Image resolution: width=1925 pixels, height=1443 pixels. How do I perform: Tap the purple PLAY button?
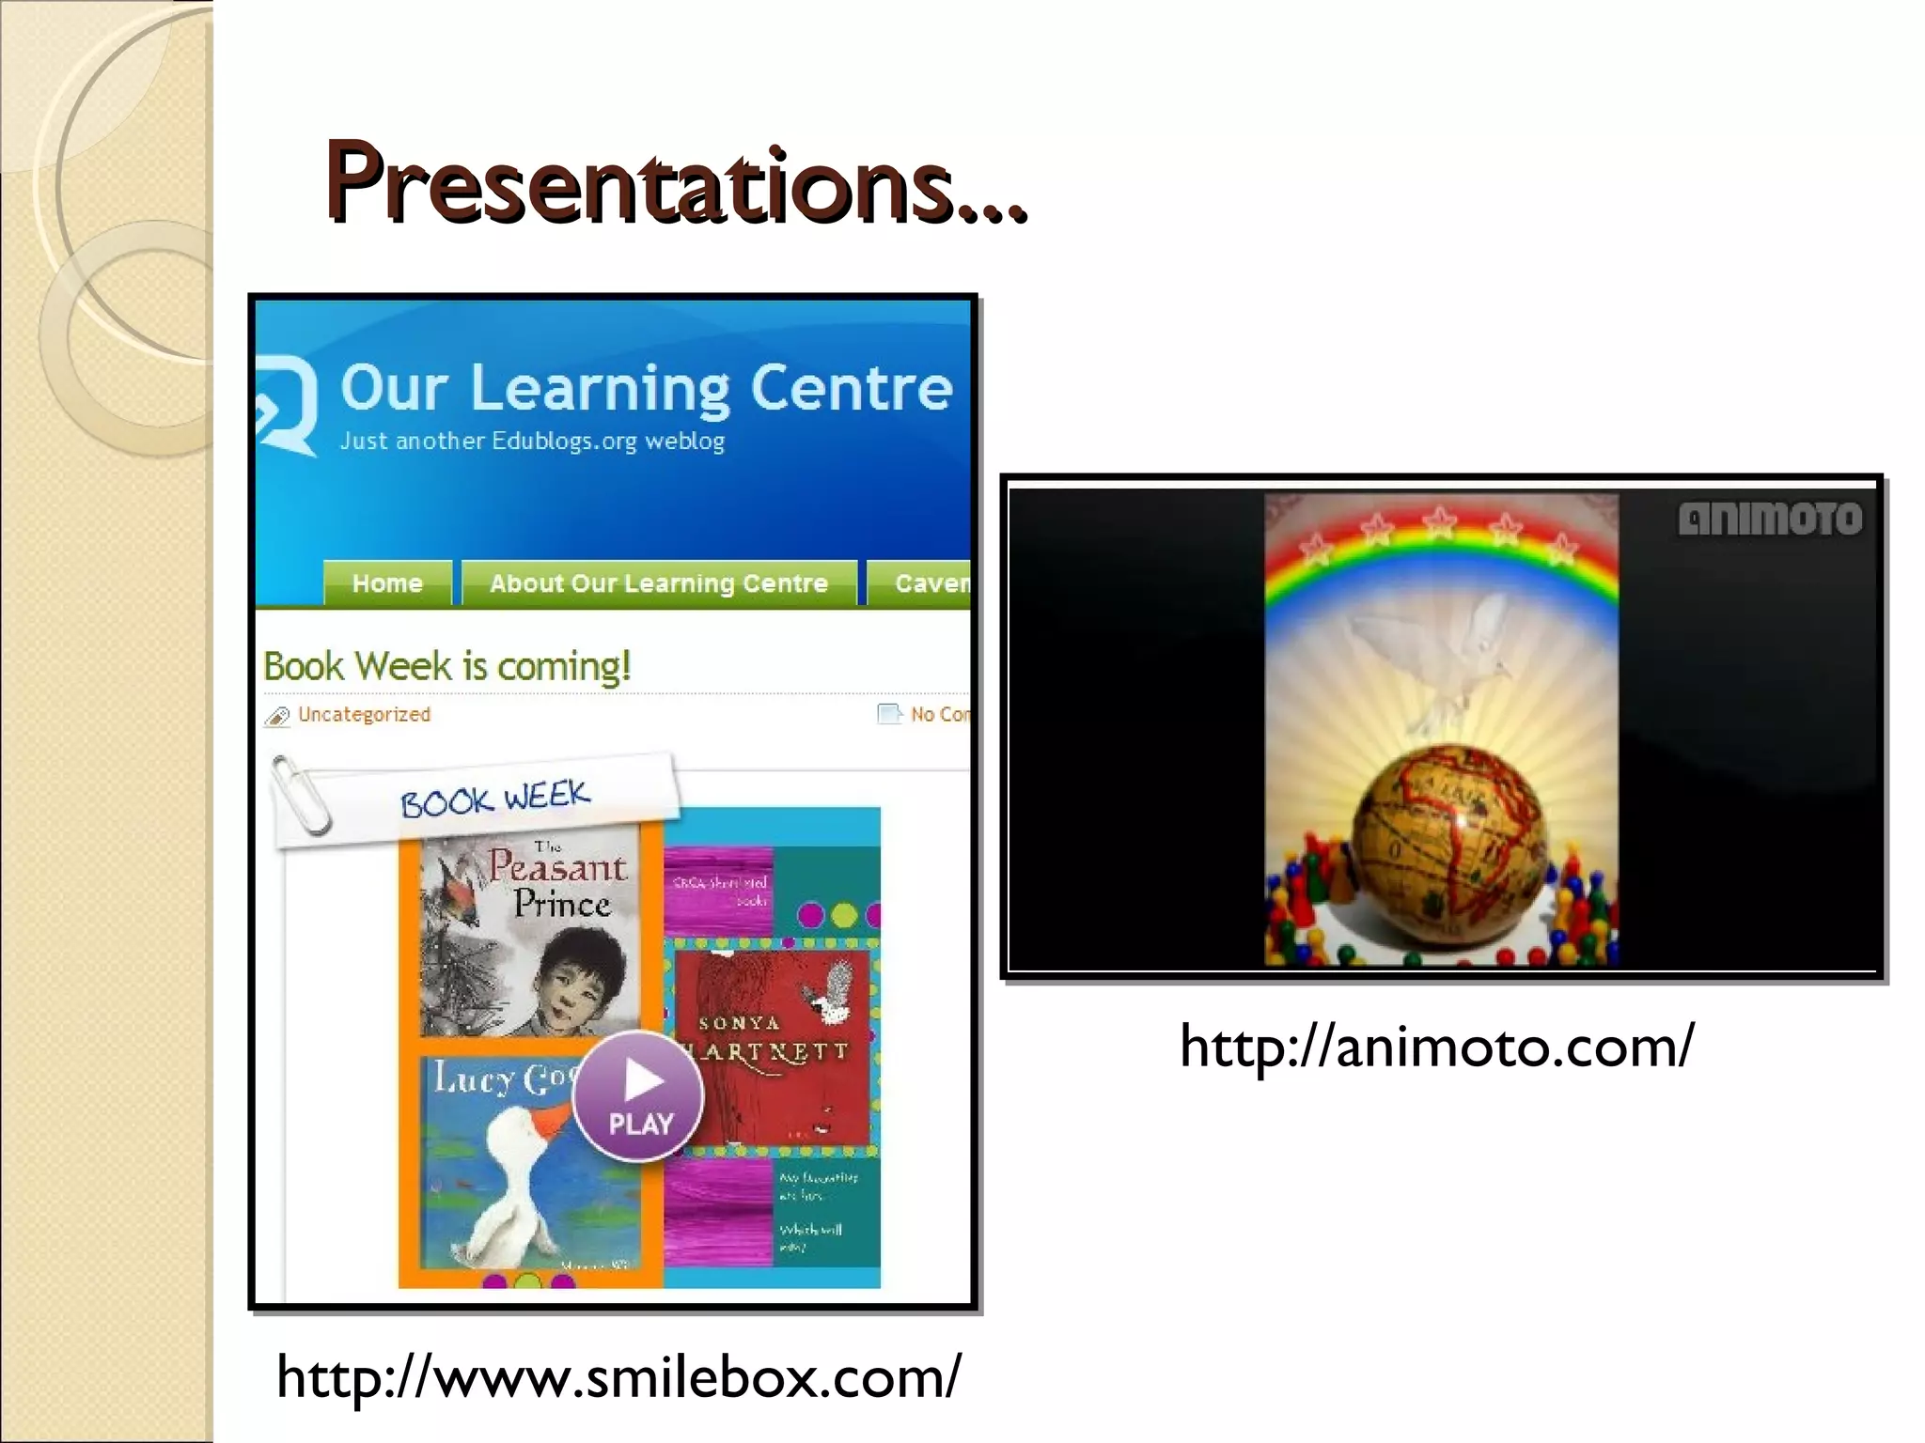pos(638,1094)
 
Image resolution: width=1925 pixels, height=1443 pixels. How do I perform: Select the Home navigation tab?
pos(387,583)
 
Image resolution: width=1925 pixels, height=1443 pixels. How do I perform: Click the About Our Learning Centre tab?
pos(658,583)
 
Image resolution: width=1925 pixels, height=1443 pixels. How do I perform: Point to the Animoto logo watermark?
pos(1769,519)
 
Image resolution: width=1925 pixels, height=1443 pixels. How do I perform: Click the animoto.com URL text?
pos(1436,1047)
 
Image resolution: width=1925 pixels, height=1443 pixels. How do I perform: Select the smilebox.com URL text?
pos(618,1377)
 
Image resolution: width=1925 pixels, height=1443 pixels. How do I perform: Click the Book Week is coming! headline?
pos(446,666)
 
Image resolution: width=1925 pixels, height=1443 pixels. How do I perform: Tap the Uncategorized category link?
pos(364,714)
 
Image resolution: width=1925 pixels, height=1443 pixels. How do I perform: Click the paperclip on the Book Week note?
pos(301,795)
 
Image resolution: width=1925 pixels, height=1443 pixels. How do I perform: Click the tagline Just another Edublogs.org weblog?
pos(532,441)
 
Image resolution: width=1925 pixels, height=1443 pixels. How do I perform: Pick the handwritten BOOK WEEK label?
pos(495,799)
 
